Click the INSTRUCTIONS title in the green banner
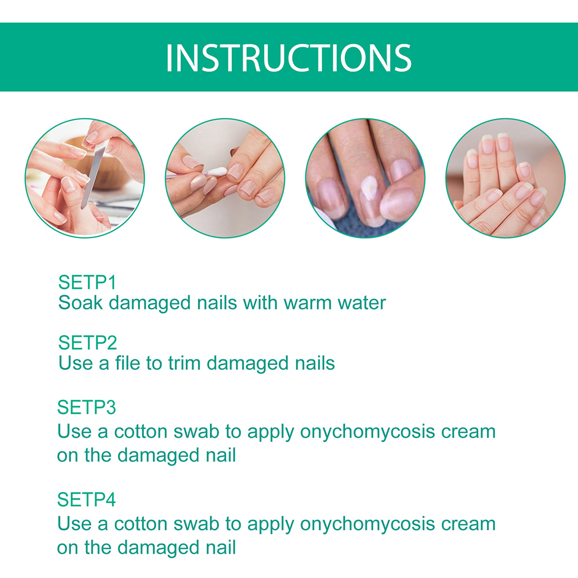pyautogui.click(x=288, y=58)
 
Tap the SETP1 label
pyautogui.click(x=87, y=283)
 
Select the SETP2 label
pyautogui.click(x=88, y=343)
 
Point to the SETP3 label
pyautogui.click(x=87, y=408)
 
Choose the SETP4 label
pyautogui.click(x=87, y=500)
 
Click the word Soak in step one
pyautogui.click(x=80, y=303)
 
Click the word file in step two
pyautogui.click(x=127, y=363)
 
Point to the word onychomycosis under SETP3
pyautogui.click(x=367, y=432)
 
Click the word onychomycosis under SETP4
pyautogui.click(x=367, y=524)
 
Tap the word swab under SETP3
pyautogui.click(x=197, y=431)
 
